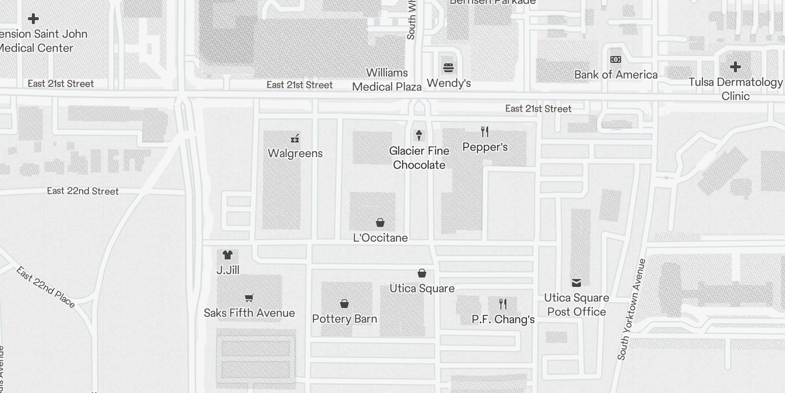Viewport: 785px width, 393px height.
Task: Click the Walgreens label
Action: tap(295, 153)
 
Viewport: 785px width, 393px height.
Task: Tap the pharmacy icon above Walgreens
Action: tap(295, 139)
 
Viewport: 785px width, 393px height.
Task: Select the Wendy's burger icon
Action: tap(448, 67)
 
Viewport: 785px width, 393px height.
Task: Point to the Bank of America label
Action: tap(616, 75)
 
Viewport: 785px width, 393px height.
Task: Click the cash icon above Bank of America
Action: tap(616, 59)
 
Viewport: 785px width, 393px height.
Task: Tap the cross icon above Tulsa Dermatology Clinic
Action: tap(735, 67)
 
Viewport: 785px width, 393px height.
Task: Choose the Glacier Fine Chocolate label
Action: tap(419, 158)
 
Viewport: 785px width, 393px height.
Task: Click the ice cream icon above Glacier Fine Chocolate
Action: tap(419, 135)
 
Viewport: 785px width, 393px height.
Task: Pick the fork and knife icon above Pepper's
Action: tap(485, 132)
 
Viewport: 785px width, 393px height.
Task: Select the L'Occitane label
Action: tap(380, 238)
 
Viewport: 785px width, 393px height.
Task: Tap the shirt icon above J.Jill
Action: tap(227, 255)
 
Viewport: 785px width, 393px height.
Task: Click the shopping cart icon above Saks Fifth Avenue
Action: tap(249, 298)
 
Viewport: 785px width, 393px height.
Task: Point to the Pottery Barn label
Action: tap(344, 319)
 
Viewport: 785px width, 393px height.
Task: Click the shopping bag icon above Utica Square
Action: tap(422, 273)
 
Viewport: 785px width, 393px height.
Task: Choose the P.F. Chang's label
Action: tap(503, 319)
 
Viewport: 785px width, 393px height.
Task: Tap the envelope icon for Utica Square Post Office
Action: tap(576, 282)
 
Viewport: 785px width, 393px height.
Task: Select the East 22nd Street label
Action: tap(83, 191)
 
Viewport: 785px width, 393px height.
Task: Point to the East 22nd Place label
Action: tap(46, 287)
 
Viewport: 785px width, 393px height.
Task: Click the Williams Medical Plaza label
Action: tap(387, 80)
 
